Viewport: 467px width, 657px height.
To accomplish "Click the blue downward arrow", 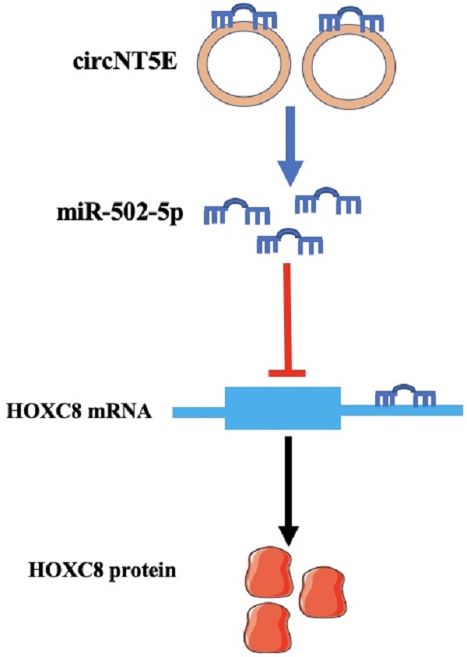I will coord(289,148).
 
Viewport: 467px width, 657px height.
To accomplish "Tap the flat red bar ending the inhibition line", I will coord(287,374).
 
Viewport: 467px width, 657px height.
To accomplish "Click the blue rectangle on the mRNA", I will coord(283,408).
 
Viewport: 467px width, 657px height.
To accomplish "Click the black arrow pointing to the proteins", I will coord(288,490).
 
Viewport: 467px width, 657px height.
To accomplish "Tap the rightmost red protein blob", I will coord(321,591).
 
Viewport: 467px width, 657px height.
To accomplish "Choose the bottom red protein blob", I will coord(266,627).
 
